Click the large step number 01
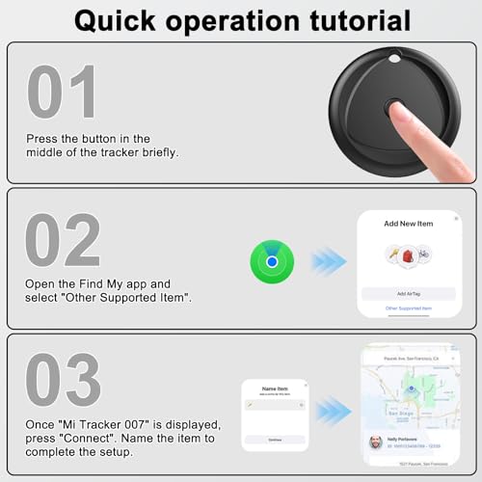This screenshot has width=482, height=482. pos(62,93)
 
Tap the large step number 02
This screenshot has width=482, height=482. pos(64,240)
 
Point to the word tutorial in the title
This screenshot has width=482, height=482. pos(356,20)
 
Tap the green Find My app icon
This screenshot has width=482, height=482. pos(273,261)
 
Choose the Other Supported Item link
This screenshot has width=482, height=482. pos(408,308)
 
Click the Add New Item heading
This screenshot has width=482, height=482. pos(408,223)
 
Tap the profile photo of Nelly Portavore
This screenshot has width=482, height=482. pos(375,442)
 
